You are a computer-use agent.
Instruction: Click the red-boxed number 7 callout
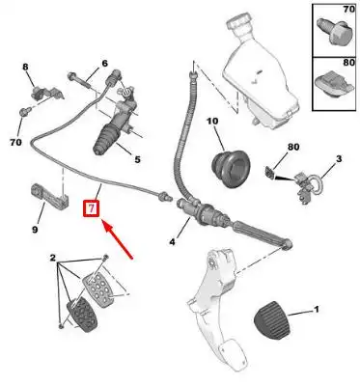point(92,208)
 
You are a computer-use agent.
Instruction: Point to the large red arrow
point(118,238)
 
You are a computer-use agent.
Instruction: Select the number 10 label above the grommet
point(212,122)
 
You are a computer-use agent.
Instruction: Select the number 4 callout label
point(173,242)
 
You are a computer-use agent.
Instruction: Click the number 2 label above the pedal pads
point(53,258)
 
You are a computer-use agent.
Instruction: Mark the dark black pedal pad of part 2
point(81,316)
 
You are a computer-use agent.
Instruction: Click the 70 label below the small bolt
point(15,142)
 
